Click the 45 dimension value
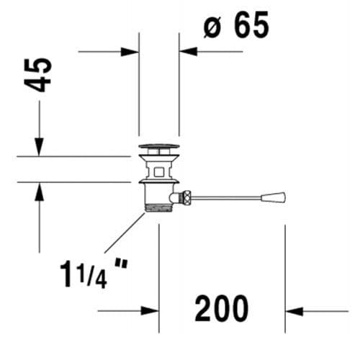(x=42, y=74)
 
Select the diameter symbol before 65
(x=212, y=27)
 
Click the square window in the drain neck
(x=158, y=171)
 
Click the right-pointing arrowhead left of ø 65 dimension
(x=130, y=51)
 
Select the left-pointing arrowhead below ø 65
(x=188, y=51)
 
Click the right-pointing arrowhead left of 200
(x=149, y=311)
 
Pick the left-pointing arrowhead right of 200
(x=294, y=311)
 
